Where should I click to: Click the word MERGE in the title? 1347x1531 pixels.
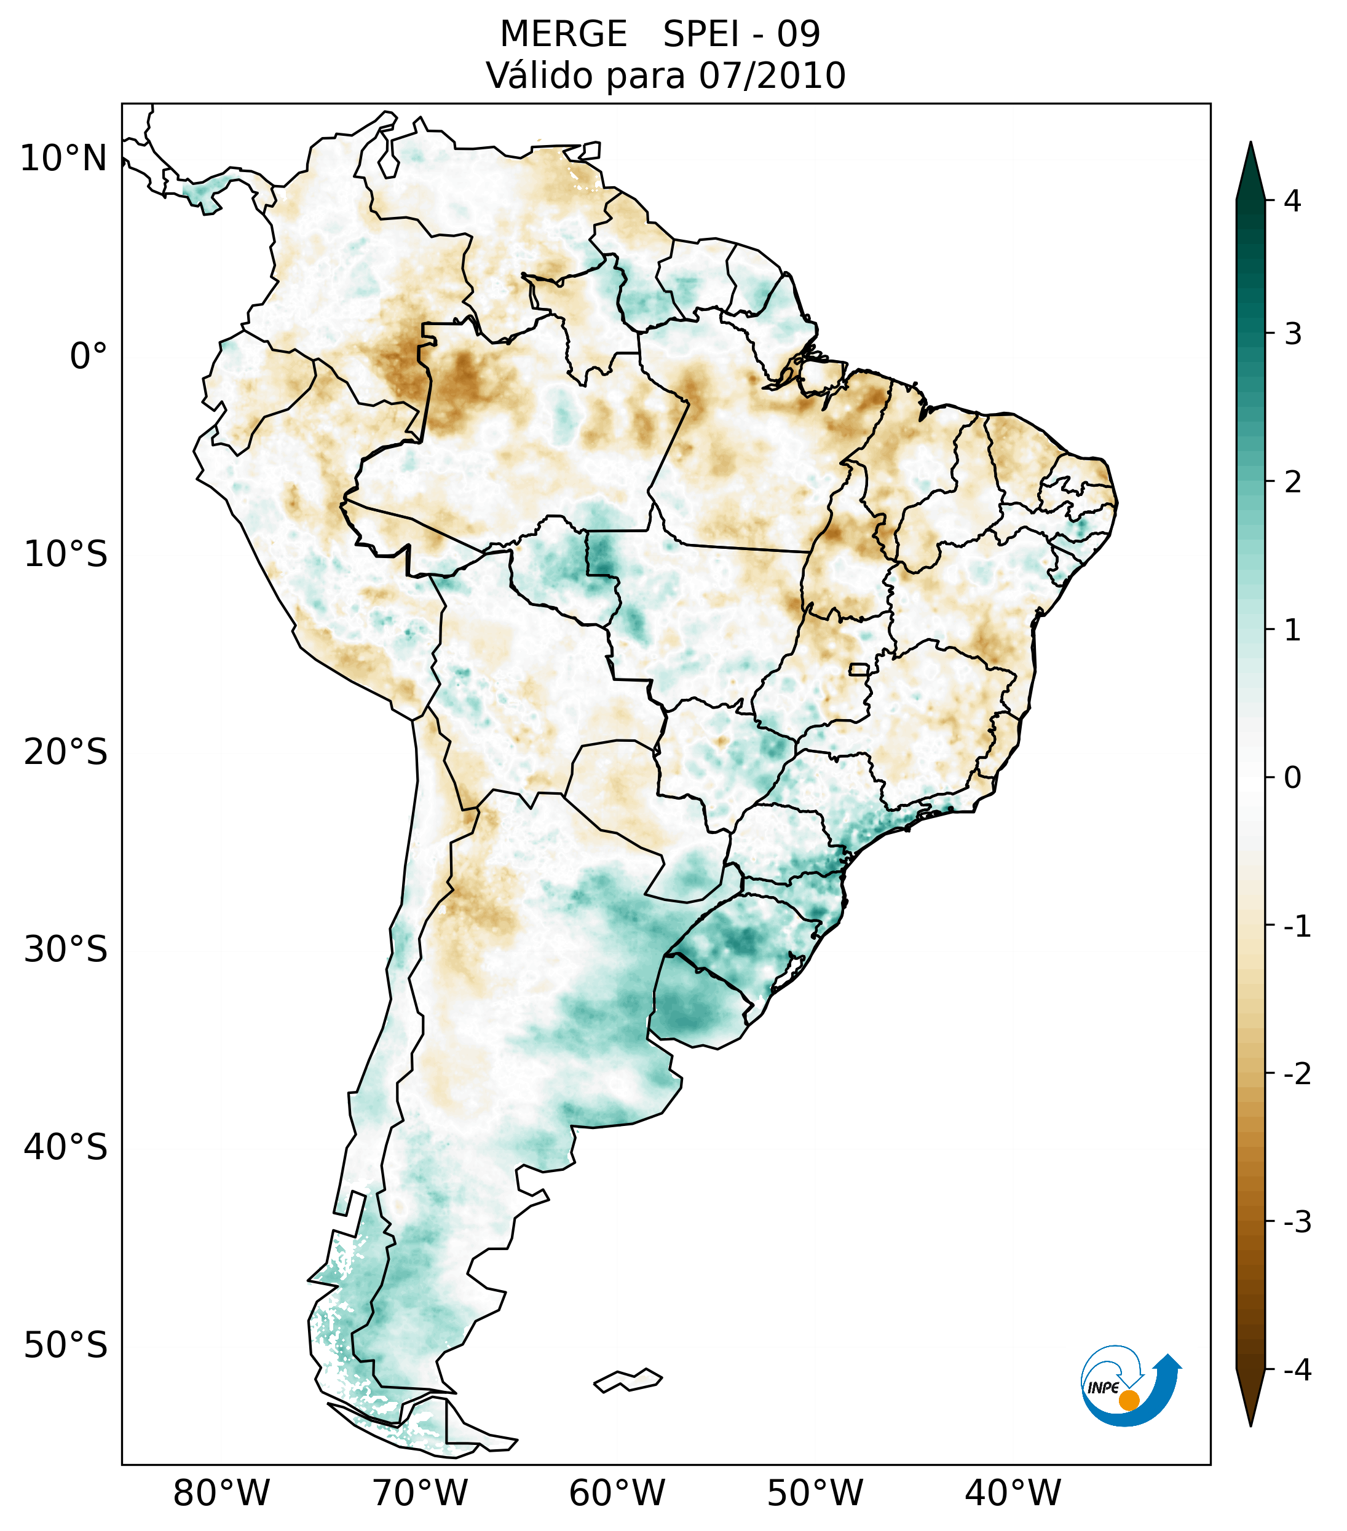[x=563, y=34]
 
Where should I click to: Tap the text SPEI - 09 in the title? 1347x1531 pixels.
[x=741, y=34]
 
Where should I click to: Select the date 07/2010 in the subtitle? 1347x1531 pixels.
[x=772, y=76]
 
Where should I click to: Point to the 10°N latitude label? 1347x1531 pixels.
[x=64, y=159]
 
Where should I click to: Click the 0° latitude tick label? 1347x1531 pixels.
[x=89, y=356]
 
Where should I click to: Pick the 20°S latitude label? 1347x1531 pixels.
[x=66, y=752]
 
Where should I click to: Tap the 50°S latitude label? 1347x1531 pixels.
[x=66, y=1346]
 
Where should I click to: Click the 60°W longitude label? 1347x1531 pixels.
[x=617, y=1493]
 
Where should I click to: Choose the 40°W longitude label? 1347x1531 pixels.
[x=1013, y=1493]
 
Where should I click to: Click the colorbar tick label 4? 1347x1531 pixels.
[x=1292, y=201]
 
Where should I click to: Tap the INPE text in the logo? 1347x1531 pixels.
[x=1104, y=1387]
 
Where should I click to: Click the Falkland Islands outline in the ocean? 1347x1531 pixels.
[x=628, y=1380]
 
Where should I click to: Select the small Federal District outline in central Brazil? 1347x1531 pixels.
[x=859, y=669]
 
